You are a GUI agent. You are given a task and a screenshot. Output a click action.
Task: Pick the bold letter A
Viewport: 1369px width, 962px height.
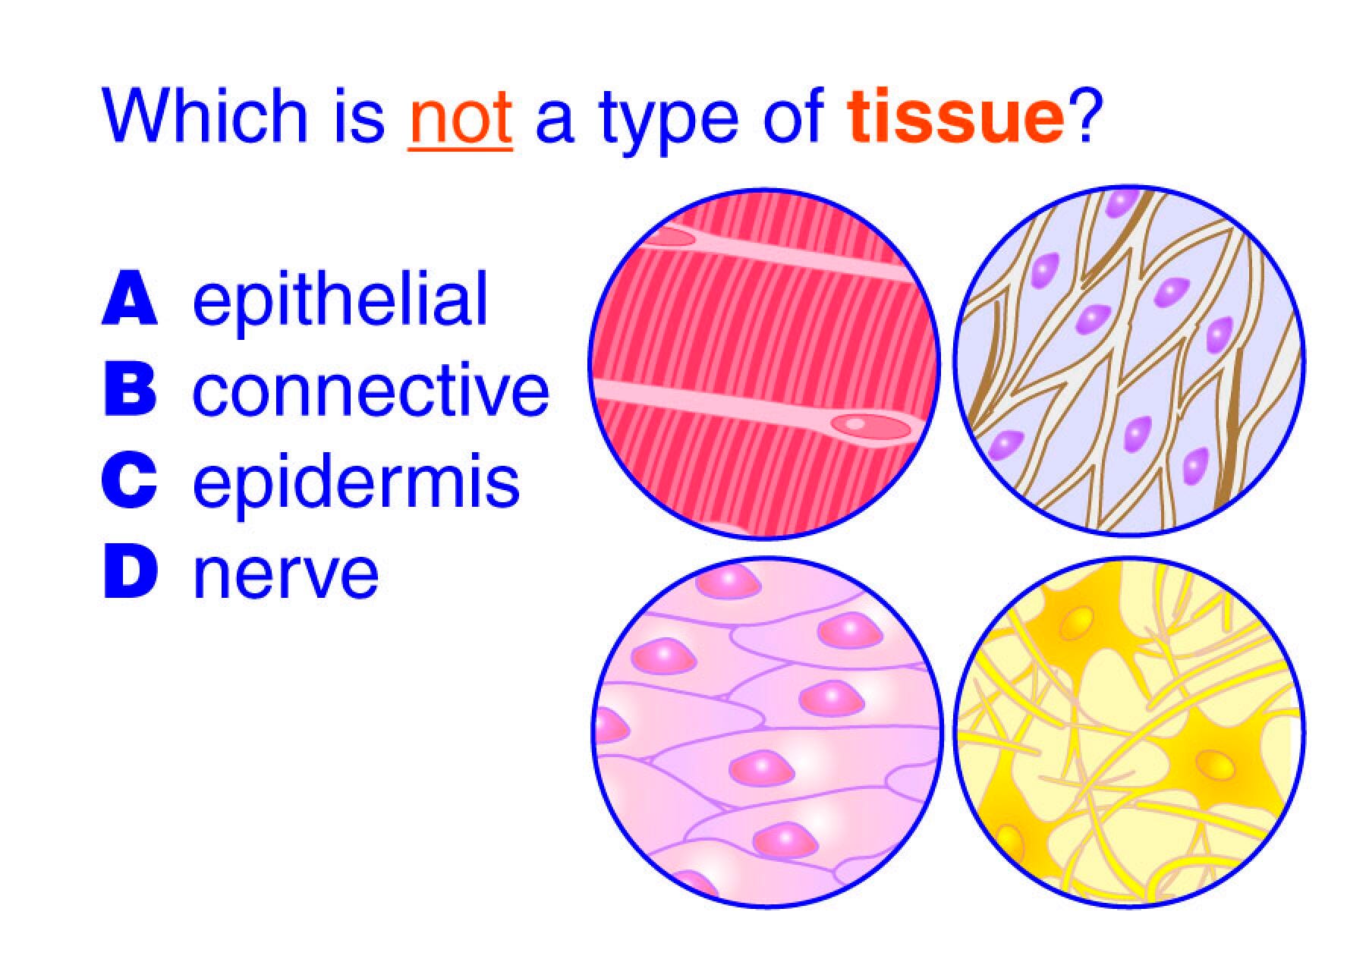tap(130, 300)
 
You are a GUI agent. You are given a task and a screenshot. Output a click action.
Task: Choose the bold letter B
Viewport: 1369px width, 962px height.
tap(130, 391)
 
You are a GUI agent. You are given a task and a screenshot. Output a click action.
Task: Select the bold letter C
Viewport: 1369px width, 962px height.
tap(130, 482)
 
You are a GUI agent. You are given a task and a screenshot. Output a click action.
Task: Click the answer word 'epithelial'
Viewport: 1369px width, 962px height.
tap(340, 300)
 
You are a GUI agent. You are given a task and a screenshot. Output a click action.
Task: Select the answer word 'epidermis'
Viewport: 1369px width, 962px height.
tap(357, 483)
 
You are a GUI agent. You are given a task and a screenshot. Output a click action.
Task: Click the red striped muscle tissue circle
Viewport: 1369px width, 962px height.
tap(764, 363)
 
